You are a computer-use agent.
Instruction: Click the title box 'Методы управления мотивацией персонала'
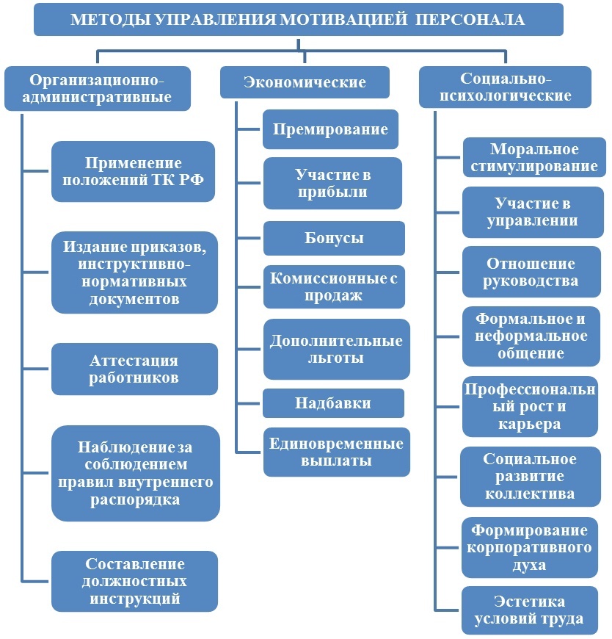tap(298, 20)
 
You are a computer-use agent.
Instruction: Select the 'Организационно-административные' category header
tap(98, 88)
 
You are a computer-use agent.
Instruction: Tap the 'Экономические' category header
tap(305, 82)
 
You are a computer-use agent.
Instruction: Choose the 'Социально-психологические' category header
tap(505, 87)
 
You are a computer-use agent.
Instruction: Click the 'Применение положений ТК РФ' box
tap(133, 172)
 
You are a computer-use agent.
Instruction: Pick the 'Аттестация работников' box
tap(134, 369)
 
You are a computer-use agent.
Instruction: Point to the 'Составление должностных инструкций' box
tap(134, 581)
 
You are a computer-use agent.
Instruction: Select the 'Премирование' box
tap(330, 130)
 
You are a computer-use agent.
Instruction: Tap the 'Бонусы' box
tap(334, 238)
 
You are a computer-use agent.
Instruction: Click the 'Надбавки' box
tap(333, 403)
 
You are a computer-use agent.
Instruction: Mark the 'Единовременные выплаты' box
tap(336, 452)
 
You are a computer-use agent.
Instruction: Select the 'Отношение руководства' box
tap(531, 272)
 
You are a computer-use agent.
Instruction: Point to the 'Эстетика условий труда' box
tap(529, 610)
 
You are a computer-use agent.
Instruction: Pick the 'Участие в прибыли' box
tap(332, 184)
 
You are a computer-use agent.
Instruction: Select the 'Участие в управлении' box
tap(531, 212)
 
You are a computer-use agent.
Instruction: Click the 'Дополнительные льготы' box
tap(336, 350)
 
